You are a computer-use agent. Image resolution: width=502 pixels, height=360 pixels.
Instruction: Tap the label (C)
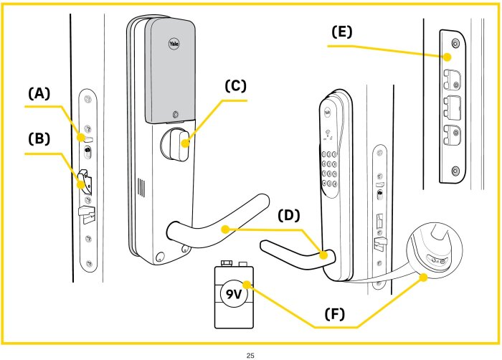[x=235, y=86]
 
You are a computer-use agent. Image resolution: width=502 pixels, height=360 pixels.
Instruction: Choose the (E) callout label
[x=342, y=32]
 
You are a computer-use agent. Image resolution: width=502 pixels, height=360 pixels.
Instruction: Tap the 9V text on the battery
[x=235, y=295]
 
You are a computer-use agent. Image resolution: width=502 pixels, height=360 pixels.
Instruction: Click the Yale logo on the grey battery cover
[x=174, y=43]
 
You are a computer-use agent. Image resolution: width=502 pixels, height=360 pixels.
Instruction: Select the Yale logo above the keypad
[x=327, y=111]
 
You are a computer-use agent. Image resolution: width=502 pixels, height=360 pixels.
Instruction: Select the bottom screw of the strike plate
[x=455, y=170]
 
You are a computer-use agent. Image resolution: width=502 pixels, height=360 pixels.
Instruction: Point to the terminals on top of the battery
[x=235, y=265]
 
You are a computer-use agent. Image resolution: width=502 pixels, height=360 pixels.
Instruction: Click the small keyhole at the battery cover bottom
[x=175, y=113]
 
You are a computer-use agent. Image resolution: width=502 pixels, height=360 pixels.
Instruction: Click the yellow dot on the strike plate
[x=446, y=56]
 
